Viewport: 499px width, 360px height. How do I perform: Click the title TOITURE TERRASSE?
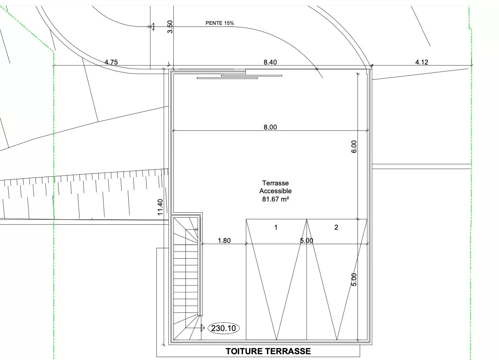268,351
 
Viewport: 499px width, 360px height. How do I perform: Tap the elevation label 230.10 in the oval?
223,328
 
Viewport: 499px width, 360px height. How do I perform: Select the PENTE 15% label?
220,23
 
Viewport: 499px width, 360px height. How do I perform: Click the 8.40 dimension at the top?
270,62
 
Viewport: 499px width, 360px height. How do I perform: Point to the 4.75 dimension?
111,62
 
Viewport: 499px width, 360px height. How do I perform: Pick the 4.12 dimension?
422,62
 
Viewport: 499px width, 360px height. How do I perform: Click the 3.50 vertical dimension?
170,27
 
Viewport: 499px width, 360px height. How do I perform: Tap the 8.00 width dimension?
270,127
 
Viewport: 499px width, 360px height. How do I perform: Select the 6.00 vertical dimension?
354,146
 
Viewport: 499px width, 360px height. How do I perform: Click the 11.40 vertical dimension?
160,207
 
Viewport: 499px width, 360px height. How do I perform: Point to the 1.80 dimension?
224,240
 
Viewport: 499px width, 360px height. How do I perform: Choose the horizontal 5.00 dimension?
307,240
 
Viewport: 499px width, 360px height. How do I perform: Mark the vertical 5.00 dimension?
354,280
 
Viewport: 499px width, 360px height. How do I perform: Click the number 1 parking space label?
276,228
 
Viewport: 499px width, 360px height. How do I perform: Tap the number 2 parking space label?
336,227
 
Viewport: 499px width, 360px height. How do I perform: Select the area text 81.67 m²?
275,199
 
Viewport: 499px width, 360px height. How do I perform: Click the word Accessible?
275,191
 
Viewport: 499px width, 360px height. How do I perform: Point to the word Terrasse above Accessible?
275,183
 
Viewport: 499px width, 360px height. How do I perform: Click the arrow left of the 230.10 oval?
195,328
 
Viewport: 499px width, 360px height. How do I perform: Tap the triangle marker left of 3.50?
152,27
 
